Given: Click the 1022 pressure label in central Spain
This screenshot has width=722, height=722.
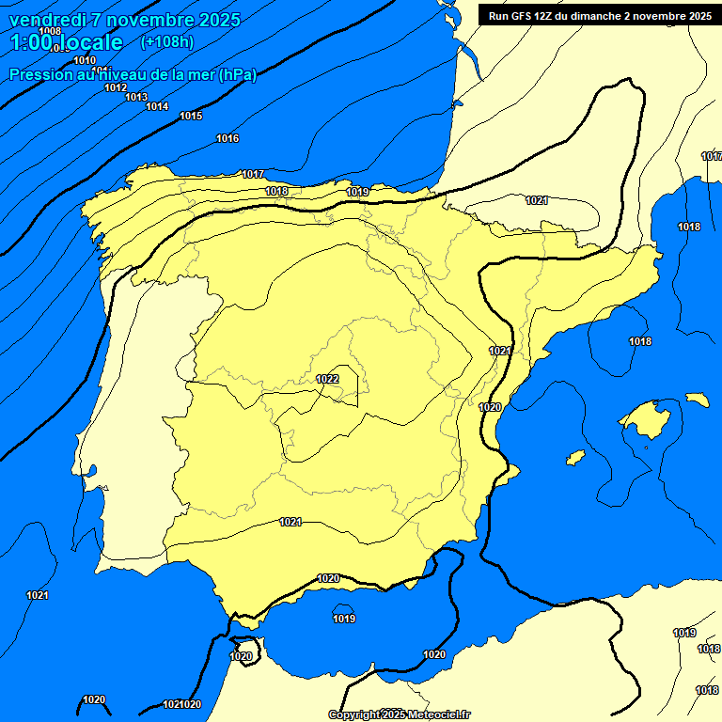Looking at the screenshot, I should pos(327,379).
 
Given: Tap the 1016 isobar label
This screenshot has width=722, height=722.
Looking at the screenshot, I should pos(228,139).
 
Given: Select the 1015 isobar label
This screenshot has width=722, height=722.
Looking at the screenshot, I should pos(191,116).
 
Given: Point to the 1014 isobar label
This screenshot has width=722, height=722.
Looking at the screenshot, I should pos(157,106).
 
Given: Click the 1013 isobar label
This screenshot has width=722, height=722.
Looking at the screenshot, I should pos(136,97).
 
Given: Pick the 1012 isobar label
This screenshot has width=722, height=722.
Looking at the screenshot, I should pos(116,87).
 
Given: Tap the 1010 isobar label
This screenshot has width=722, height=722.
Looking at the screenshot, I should pos(85,61).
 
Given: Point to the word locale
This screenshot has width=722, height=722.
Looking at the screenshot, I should pos(90,42).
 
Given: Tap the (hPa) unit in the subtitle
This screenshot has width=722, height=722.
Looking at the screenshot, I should pos(238,75).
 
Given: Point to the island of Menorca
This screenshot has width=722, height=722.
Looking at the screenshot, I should pos(697,400).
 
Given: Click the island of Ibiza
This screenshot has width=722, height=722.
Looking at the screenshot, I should pos(575,456).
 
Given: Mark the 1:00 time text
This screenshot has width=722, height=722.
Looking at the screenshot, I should pos(29,42).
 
